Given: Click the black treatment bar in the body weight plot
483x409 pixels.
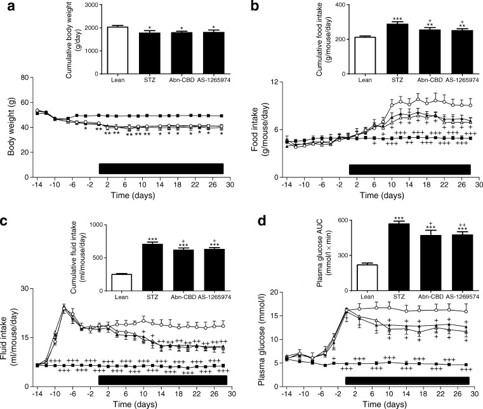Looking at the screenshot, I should [x=161, y=168].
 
